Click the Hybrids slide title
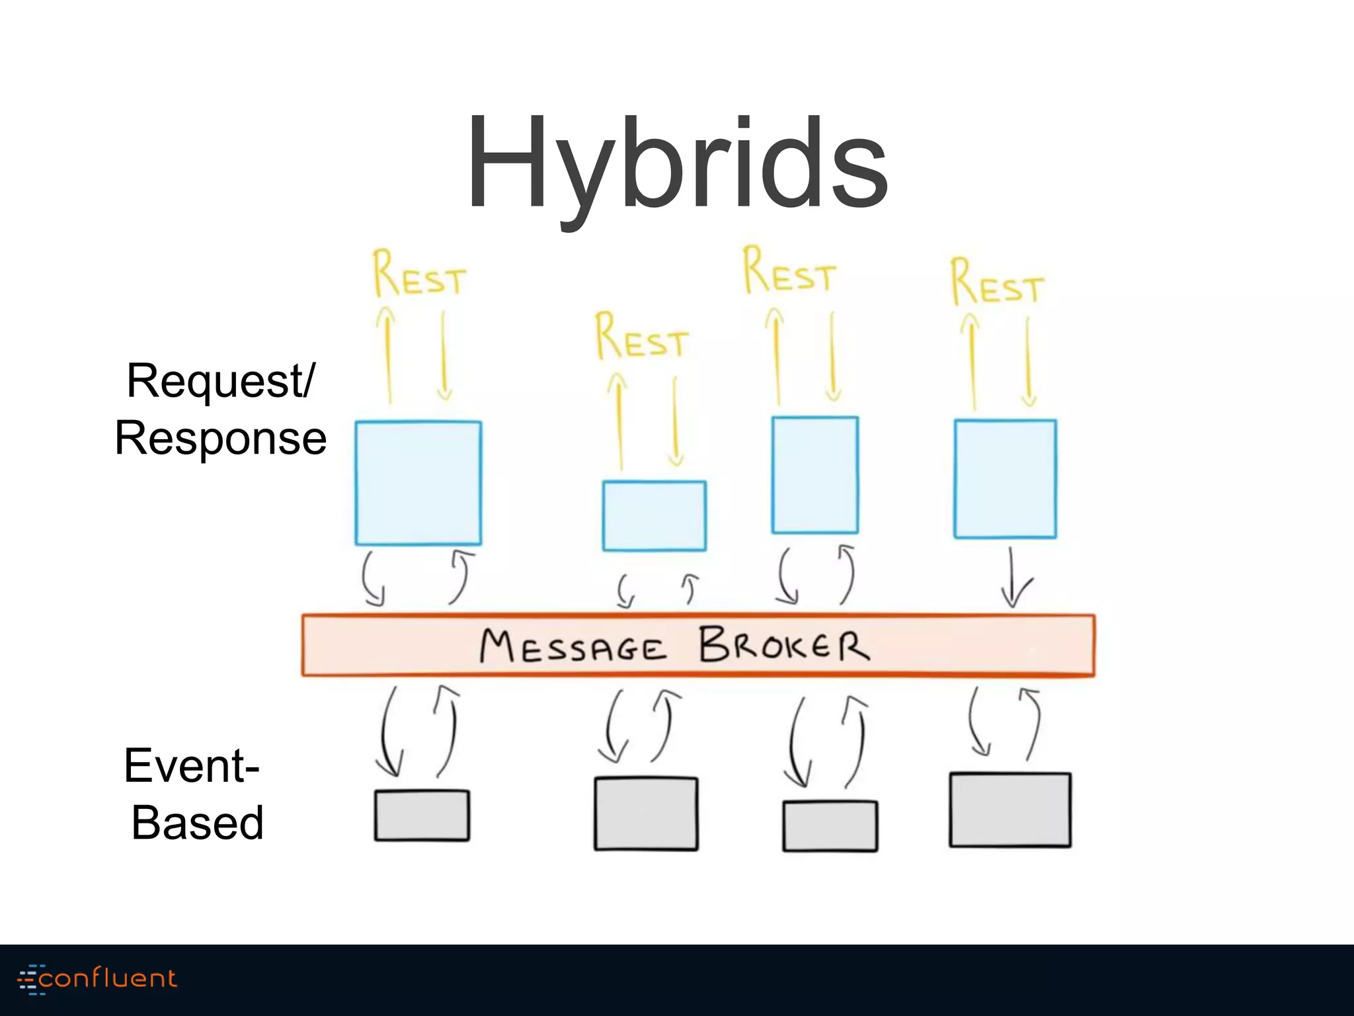pos(677,165)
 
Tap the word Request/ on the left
pos(221,381)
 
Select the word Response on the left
pos(221,438)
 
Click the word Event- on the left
pos(192,765)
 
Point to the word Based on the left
pos(197,822)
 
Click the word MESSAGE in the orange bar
pos(573,647)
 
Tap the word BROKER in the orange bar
pos(784,645)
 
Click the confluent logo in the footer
pos(98,979)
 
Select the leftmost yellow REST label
pos(419,274)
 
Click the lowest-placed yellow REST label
pos(641,337)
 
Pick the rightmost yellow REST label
pos(997,283)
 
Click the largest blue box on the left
pos(418,483)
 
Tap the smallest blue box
pos(654,516)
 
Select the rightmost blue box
pos(1005,479)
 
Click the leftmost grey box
pos(422,816)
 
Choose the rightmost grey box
pos(1010,810)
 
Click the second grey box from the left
pos(646,814)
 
